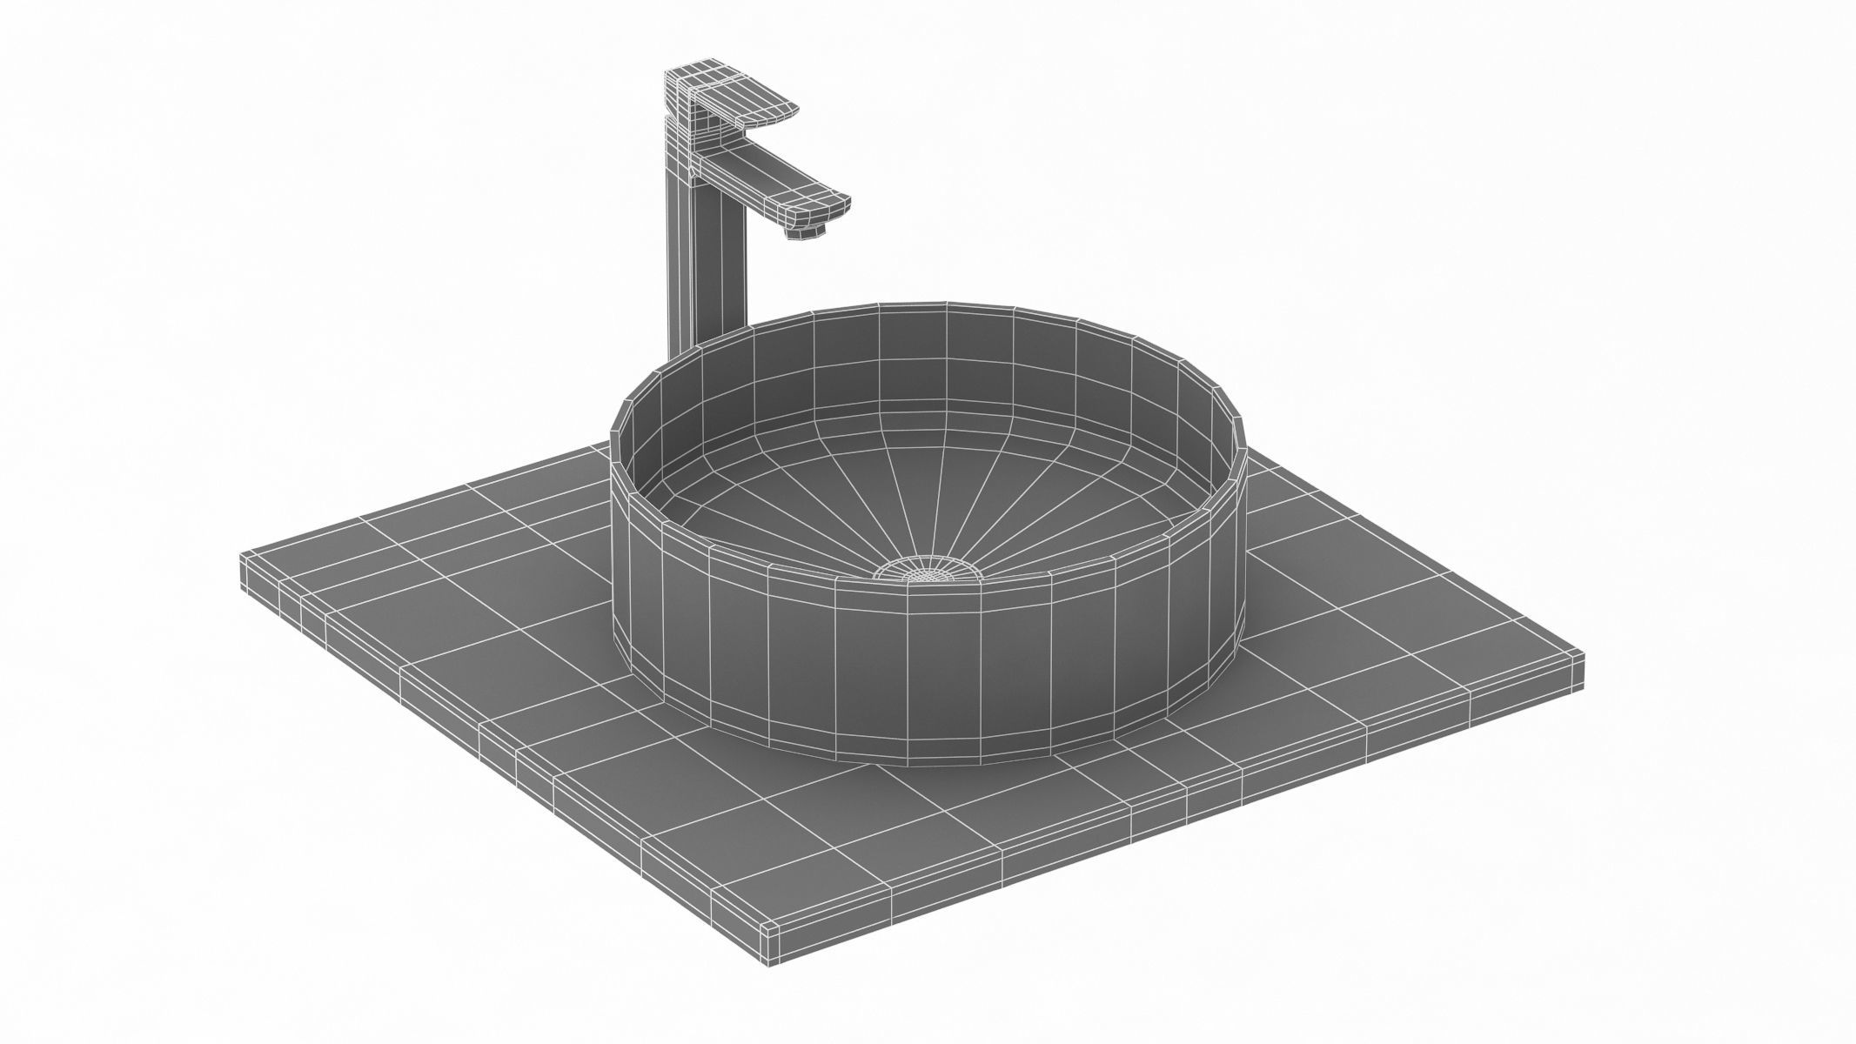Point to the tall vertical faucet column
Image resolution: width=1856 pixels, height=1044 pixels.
(683, 261)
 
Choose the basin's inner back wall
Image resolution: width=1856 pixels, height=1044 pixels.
(914, 365)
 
